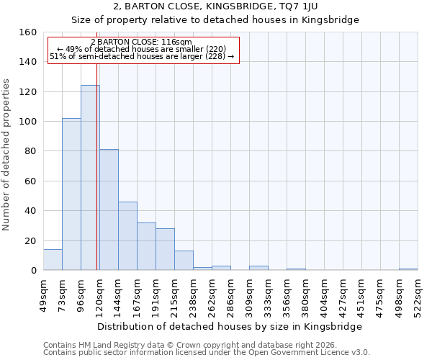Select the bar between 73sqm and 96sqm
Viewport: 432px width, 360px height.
tap(71, 194)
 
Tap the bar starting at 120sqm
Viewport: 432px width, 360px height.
tap(109, 210)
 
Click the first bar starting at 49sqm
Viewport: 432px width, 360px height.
tap(53, 260)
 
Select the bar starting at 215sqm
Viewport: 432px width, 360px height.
tap(184, 261)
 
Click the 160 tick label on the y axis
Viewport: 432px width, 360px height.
tap(28, 32)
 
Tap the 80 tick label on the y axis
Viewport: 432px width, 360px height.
tap(31, 151)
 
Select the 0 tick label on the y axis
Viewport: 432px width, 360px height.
tap(34, 271)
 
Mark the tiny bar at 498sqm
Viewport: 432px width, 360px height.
tap(408, 269)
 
